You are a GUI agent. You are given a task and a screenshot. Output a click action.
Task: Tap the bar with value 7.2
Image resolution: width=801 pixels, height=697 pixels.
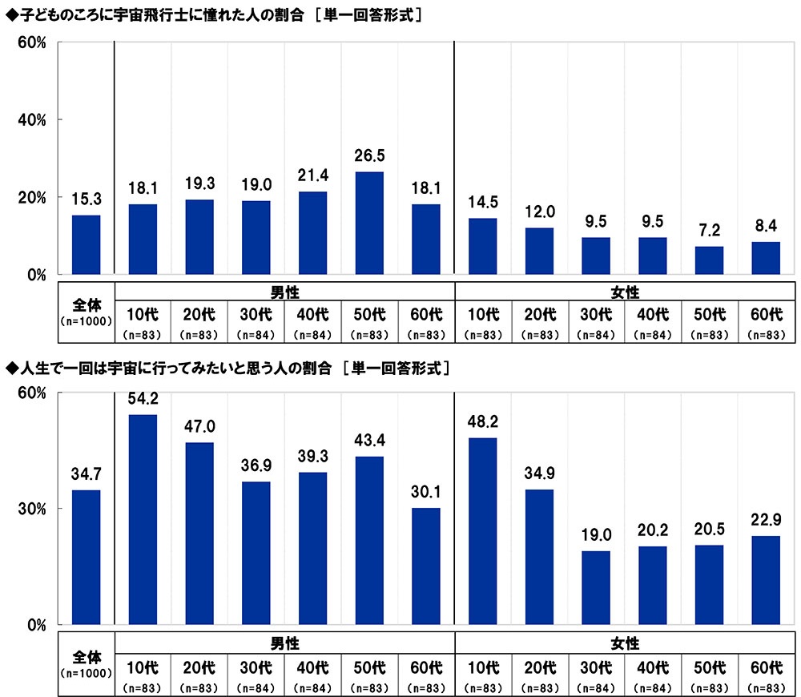(x=710, y=260)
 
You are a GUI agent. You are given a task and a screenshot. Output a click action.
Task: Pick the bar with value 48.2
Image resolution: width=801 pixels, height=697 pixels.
(x=483, y=530)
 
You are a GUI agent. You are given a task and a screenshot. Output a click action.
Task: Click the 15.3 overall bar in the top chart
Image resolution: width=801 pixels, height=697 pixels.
(x=87, y=244)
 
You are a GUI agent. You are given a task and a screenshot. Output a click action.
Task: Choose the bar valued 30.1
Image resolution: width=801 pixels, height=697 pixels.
(x=426, y=566)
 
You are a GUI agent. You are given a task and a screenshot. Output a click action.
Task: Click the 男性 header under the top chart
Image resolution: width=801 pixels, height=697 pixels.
(x=284, y=290)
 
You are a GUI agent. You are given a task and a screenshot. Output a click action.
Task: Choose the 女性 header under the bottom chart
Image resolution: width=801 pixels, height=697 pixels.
(x=625, y=642)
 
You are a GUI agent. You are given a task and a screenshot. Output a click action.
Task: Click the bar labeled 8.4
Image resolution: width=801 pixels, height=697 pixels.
(x=767, y=258)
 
